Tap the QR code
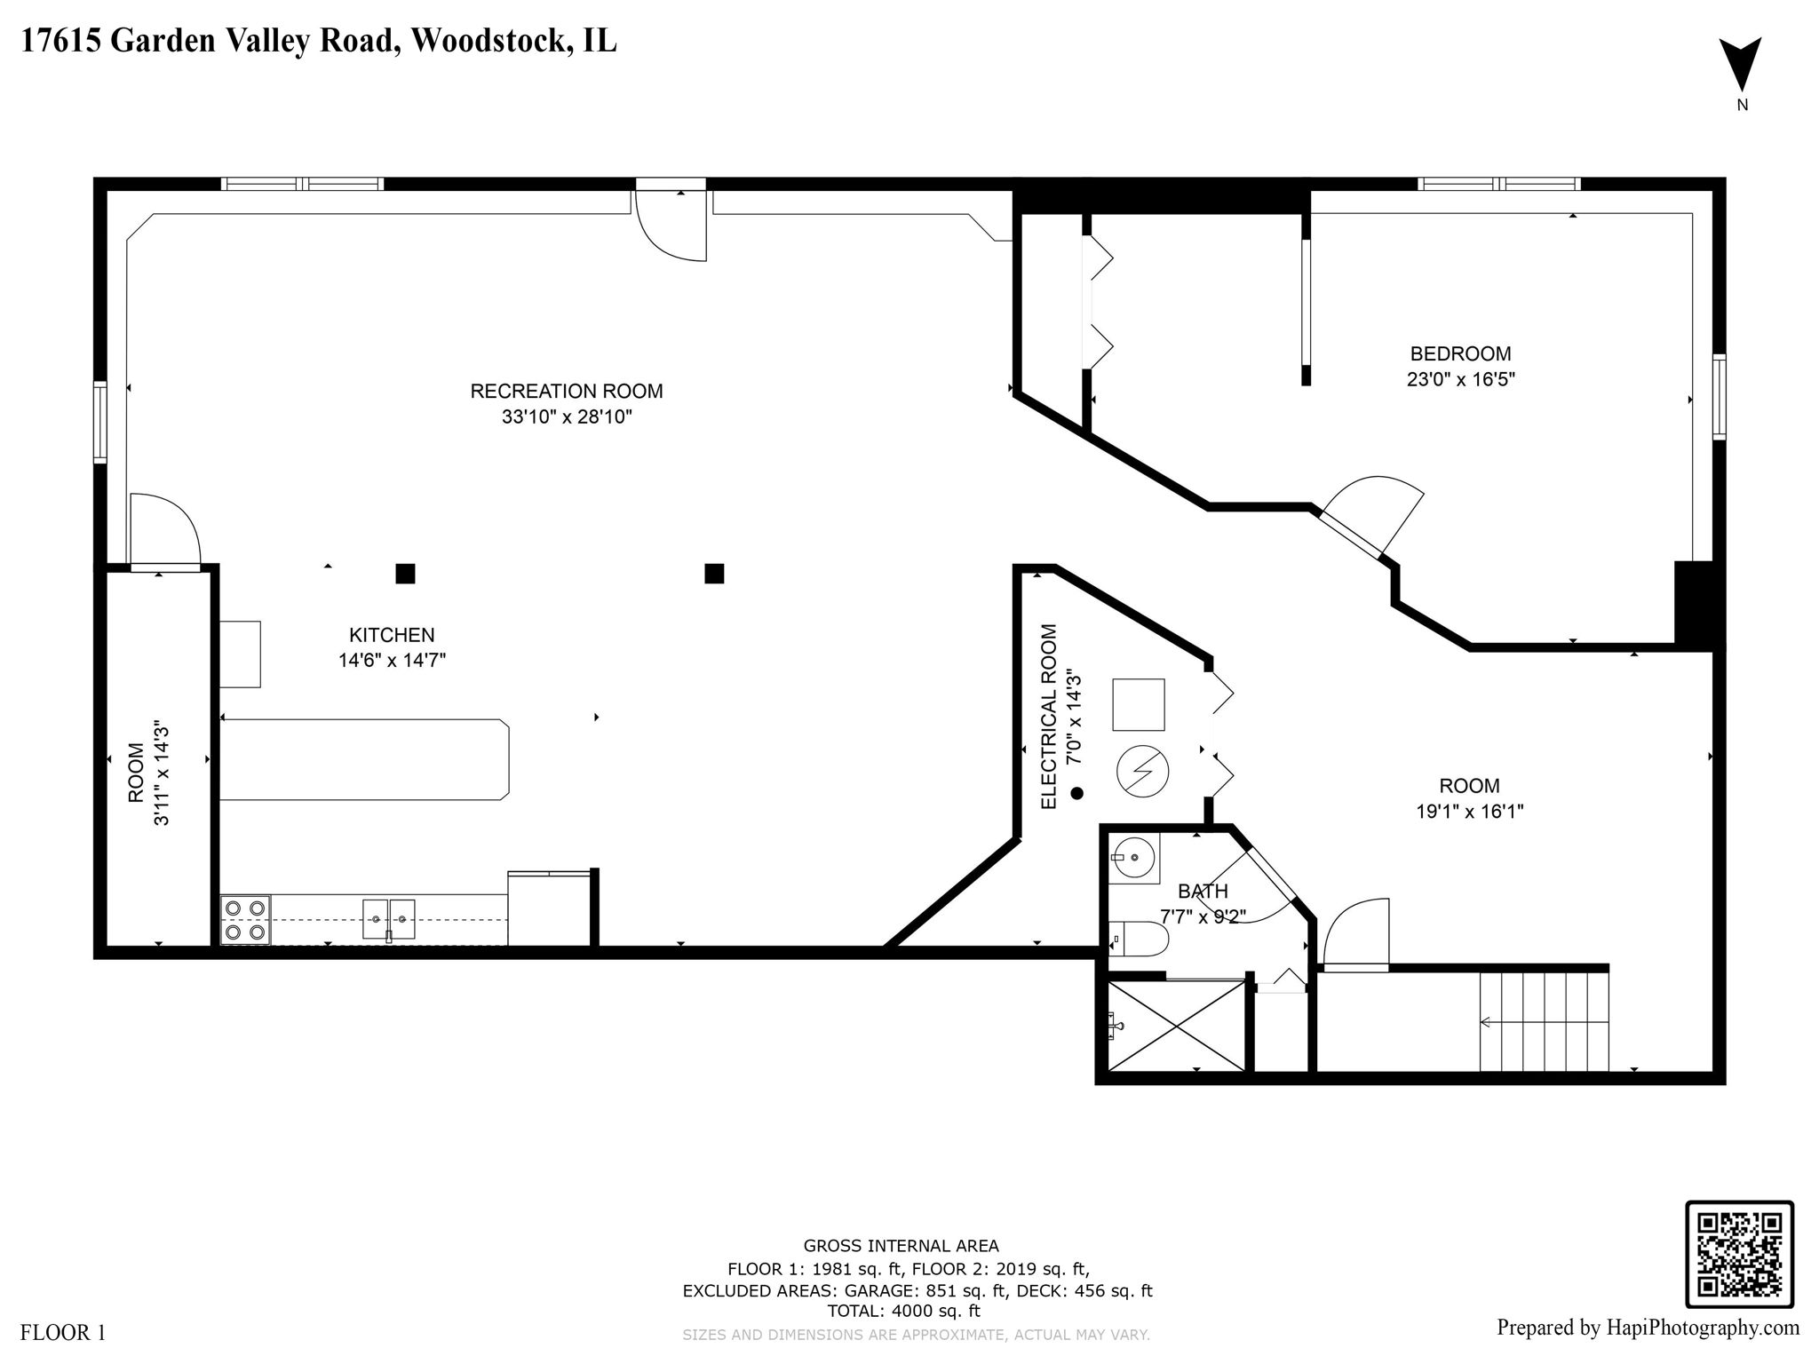pyautogui.click(x=1739, y=1254)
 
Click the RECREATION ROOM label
pyautogui.click(x=566, y=391)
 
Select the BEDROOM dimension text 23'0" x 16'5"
pyautogui.click(x=1460, y=379)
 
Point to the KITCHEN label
pyautogui.click(x=391, y=635)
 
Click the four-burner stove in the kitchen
pyautogui.click(x=246, y=920)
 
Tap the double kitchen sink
pyautogui.click(x=389, y=918)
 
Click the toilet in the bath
pyautogui.click(x=1140, y=938)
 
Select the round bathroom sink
pyautogui.click(x=1133, y=858)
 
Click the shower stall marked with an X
pyautogui.click(x=1175, y=1026)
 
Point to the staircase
pyautogui.click(x=1544, y=1021)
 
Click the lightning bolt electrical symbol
pyautogui.click(x=1142, y=772)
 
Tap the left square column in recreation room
pyautogui.click(x=405, y=574)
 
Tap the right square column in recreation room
pyautogui.click(x=714, y=574)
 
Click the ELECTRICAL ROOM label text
pyautogui.click(x=1049, y=716)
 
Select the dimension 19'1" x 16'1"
pyautogui.click(x=1469, y=811)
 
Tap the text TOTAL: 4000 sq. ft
pyautogui.click(x=903, y=1311)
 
